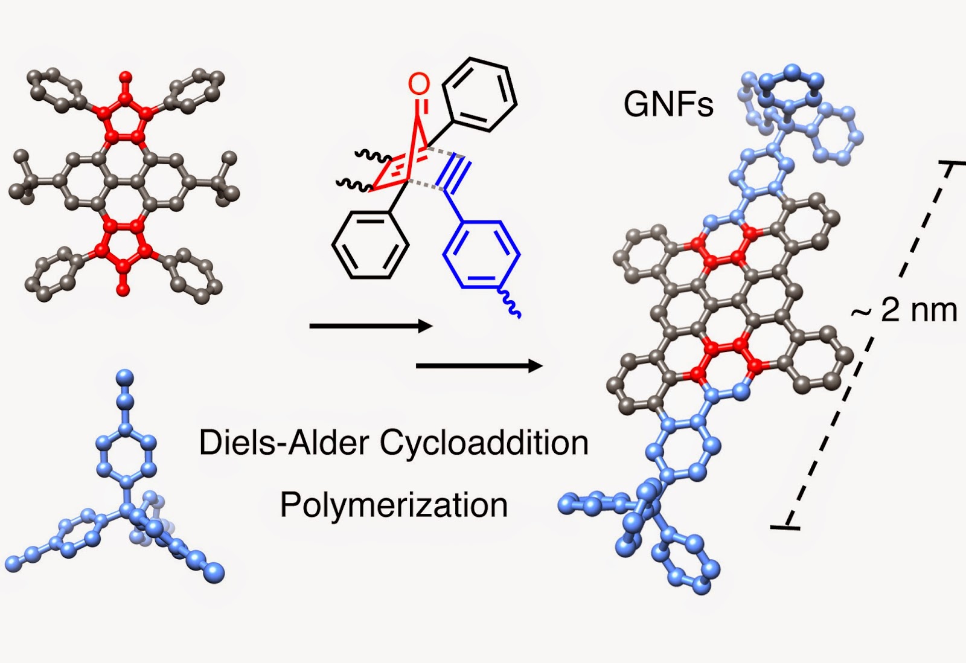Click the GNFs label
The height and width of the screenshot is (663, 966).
(668, 104)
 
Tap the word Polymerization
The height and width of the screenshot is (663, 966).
(394, 505)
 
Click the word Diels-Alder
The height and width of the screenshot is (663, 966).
(284, 443)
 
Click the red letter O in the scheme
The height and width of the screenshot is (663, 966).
(419, 85)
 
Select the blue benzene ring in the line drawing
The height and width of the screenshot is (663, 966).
(481, 254)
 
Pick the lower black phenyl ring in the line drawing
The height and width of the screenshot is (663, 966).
(369, 247)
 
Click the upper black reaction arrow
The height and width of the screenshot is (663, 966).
(371, 327)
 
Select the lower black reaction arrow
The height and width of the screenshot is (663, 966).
(479, 366)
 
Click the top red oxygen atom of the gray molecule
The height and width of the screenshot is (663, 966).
(126, 77)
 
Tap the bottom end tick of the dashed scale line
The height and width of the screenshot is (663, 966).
(785, 528)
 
